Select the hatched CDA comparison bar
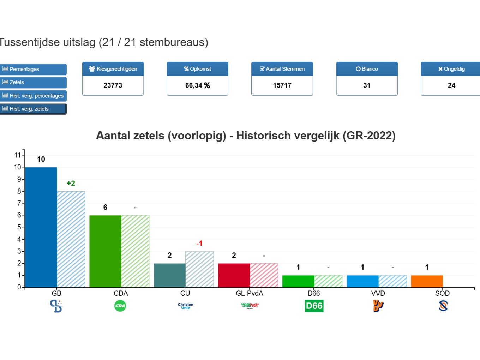(x=135, y=251)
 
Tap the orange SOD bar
(x=427, y=281)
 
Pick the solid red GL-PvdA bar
(x=234, y=275)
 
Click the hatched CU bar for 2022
(x=199, y=269)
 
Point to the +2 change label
(x=71, y=183)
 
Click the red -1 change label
(x=199, y=244)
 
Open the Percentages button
(x=33, y=69)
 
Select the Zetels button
(x=33, y=82)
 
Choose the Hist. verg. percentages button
(x=33, y=96)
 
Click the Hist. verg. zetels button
(x=33, y=109)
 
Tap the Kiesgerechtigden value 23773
(x=113, y=85)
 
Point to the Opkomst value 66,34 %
(x=197, y=85)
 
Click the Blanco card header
(x=367, y=69)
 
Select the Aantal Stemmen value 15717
(x=282, y=85)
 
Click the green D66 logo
(x=314, y=306)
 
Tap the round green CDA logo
(x=120, y=306)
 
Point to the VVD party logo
(x=378, y=306)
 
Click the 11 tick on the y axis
(x=18, y=155)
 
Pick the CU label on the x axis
(x=185, y=293)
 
